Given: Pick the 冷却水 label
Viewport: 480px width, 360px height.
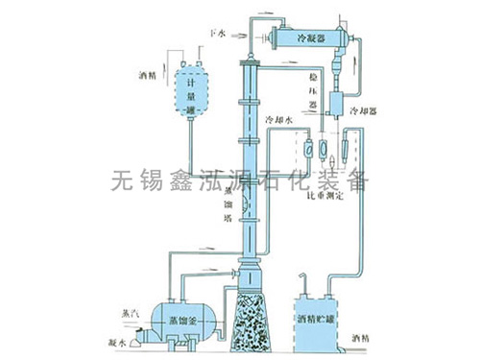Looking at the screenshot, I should point(278,121).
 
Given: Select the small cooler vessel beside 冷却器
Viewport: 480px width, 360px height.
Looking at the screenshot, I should point(337,103).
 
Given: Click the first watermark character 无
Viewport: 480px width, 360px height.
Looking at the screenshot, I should point(123,180).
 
